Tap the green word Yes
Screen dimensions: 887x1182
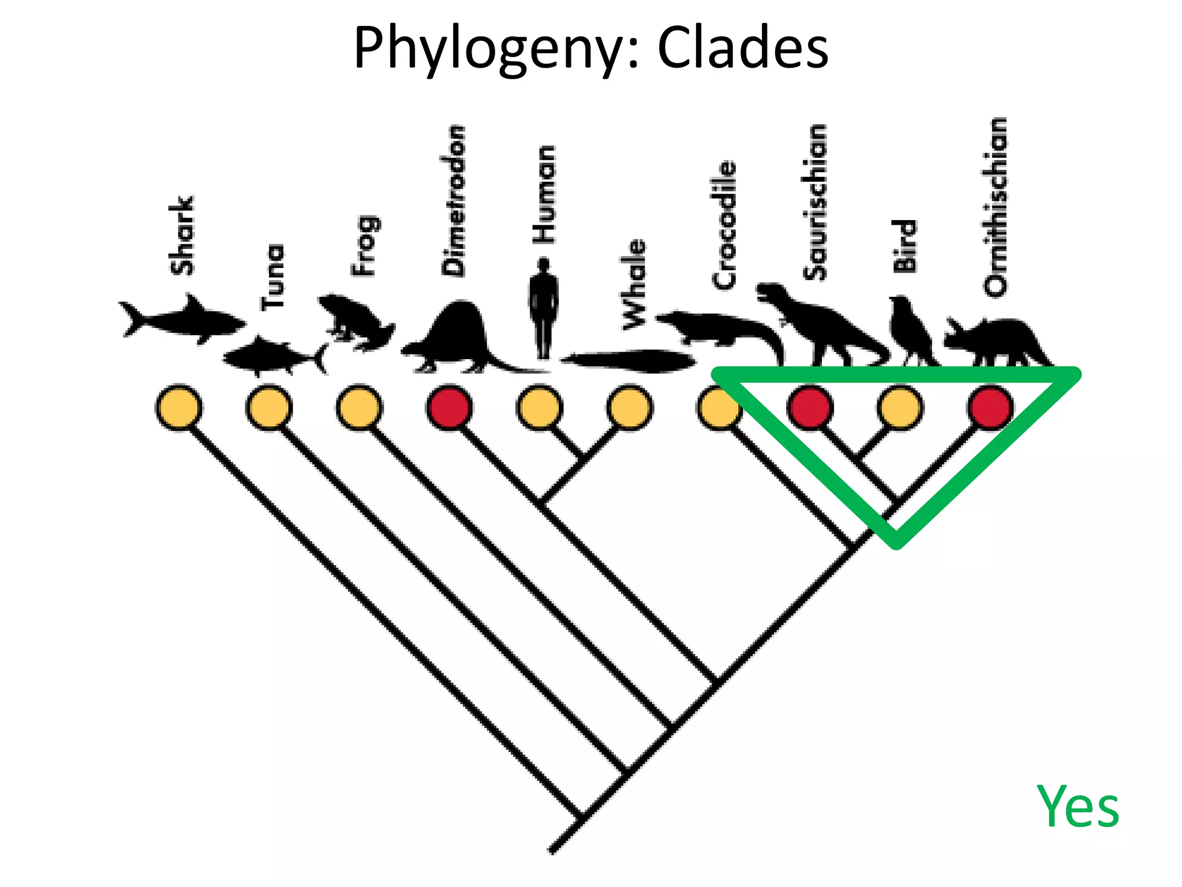pyautogui.click(x=1077, y=806)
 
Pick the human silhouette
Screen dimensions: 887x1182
pyautogui.click(x=543, y=309)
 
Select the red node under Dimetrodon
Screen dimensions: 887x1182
pyautogui.click(x=450, y=408)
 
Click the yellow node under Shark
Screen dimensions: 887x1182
pyautogui.click(x=179, y=408)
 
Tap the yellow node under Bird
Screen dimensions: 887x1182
pyautogui.click(x=900, y=408)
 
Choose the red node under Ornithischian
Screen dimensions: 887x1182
pyautogui.click(x=990, y=408)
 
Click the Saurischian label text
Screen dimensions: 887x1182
pyautogui.click(x=815, y=202)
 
